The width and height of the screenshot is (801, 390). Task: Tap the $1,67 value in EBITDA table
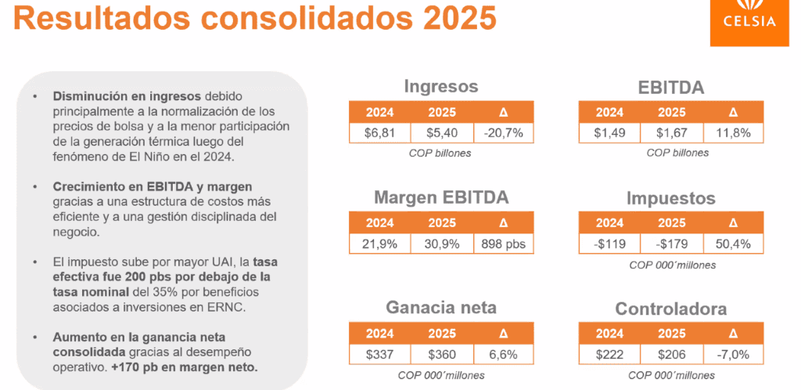pos(672,133)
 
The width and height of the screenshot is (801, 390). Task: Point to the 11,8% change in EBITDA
pos(733,133)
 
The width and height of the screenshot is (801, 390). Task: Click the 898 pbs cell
pos(503,244)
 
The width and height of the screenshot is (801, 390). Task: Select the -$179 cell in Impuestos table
pos(672,244)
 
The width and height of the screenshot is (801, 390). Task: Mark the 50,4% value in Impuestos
pos(733,244)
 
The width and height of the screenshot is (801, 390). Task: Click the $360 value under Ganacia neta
pos(441,355)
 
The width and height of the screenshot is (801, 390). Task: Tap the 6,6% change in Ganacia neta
pos(503,355)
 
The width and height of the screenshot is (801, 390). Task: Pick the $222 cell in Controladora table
pos(609,355)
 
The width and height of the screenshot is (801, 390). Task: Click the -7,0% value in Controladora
pos(733,355)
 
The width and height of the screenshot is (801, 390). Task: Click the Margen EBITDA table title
pos(440,197)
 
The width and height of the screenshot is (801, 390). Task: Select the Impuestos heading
pos(671,198)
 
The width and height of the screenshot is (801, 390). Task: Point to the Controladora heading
pos(671,309)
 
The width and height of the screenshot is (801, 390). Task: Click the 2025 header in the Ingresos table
pos(441,111)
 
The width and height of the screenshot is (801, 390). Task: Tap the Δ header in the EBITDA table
pos(733,111)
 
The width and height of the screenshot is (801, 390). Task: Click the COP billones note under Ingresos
pos(440,153)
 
